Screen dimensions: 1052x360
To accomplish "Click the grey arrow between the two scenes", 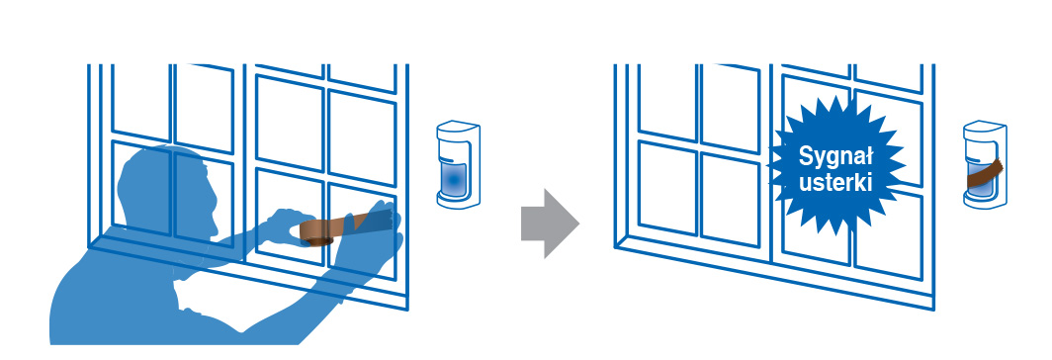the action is pos(550,224).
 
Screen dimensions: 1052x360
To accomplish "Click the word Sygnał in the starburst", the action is pos(835,157).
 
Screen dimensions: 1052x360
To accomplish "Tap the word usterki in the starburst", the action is pos(835,183).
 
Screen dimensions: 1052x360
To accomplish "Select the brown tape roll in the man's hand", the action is pos(316,231).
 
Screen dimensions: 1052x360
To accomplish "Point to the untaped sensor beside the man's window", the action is pos(458,164).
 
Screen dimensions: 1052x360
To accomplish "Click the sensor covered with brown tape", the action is pos(984,164).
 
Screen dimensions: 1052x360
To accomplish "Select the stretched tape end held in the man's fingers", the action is pos(369,221).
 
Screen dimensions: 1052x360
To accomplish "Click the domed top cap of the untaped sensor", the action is pos(458,127).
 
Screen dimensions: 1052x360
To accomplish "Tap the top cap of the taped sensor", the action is pos(985,127).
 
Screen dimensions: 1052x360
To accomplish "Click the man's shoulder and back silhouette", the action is pos(114,296).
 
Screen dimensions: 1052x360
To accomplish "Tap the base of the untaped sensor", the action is pos(458,200).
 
